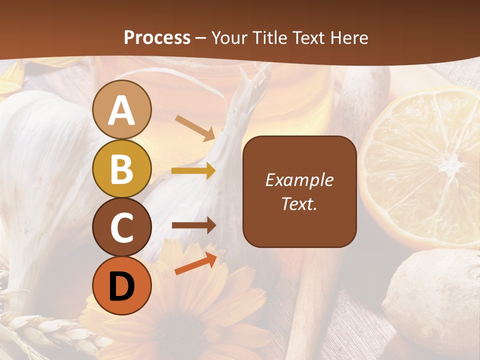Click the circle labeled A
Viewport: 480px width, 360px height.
[121, 109]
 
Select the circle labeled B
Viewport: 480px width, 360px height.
[121, 168]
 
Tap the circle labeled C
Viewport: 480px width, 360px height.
[121, 227]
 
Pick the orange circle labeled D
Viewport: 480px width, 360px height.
[121, 286]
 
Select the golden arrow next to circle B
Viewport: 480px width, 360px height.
[193, 171]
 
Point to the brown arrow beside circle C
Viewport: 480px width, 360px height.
[193, 225]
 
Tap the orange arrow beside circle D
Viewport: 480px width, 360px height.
[195, 263]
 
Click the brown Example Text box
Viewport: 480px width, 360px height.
[299, 191]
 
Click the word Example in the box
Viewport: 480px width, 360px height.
[299, 180]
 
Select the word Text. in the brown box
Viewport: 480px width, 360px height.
[299, 203]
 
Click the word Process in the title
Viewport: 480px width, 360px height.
[157, 37]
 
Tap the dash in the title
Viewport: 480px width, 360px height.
[200, 38]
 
